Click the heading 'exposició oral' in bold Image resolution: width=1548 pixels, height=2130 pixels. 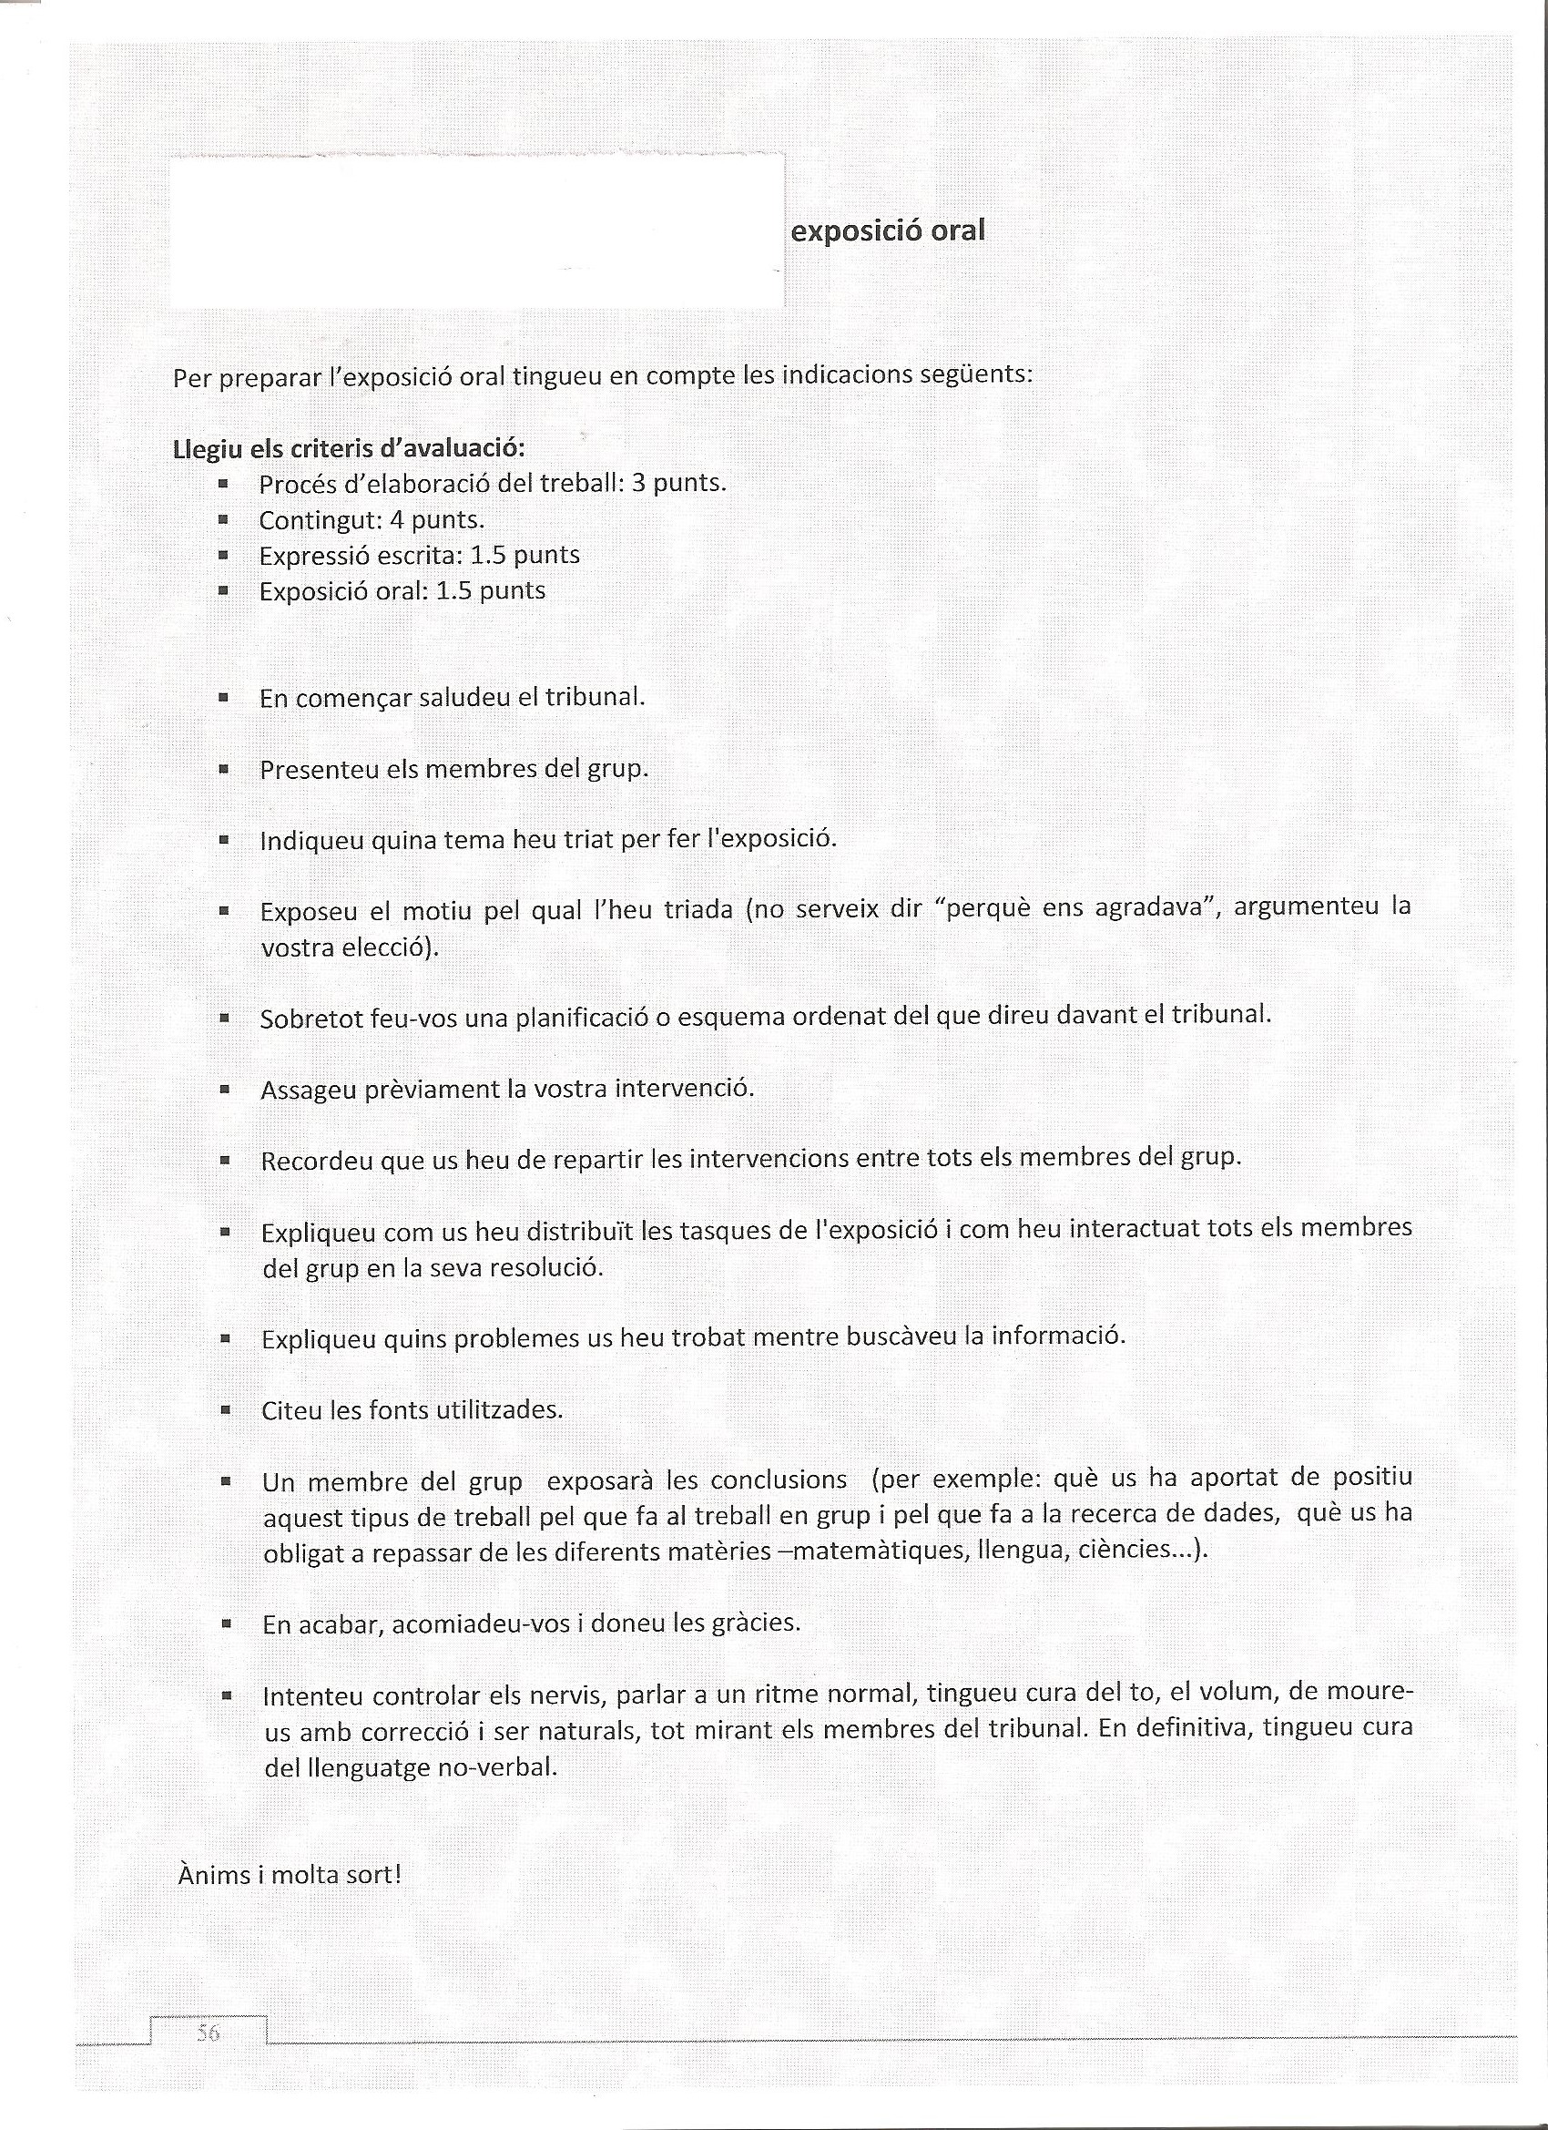(887, 231)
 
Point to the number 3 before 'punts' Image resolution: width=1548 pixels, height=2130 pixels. (638, 483)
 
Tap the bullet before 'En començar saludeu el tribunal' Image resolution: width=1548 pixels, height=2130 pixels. (223, 698)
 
